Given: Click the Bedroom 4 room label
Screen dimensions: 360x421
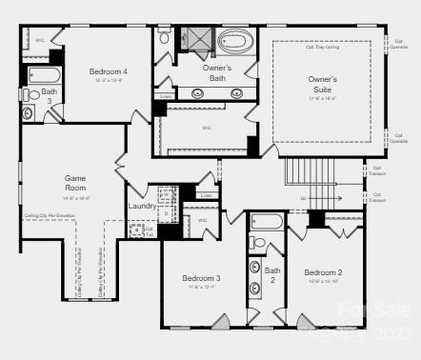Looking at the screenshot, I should pos(108,71).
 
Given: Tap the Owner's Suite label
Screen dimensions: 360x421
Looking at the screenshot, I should pos(322,85).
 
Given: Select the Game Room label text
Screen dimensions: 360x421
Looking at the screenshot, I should pos(75,182).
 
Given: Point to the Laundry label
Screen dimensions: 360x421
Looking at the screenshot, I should pos(142,206).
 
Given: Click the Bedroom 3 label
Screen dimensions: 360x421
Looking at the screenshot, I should pos(202,278).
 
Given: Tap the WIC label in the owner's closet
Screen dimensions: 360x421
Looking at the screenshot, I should pos(207,127).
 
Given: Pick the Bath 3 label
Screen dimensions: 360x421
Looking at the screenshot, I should pos(48,96).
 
